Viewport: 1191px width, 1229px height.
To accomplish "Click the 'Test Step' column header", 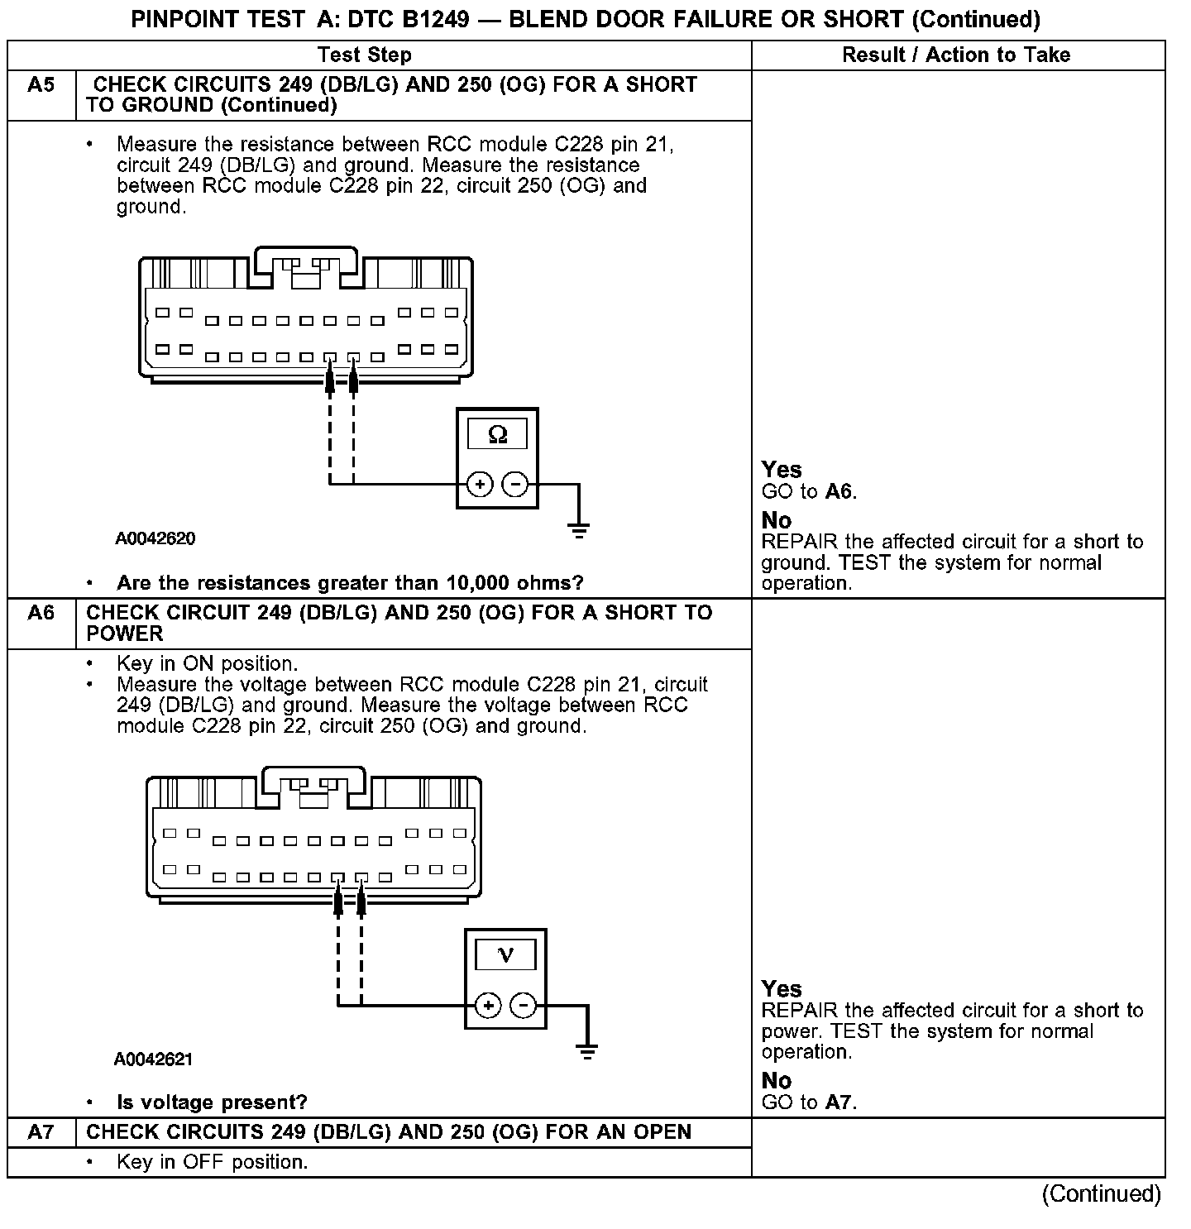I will (364, 55).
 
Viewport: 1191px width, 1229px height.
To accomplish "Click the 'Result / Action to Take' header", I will (956, 55).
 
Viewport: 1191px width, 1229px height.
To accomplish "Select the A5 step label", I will (41, 85).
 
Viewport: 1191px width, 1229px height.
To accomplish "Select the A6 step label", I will (41, 613).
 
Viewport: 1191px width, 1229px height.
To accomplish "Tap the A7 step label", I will (41, 1132).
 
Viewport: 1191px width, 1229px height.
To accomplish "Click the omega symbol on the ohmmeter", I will (497, 434).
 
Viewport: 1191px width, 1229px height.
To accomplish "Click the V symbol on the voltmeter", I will (505, 956).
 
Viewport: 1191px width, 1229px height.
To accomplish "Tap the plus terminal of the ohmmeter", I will (480, 484).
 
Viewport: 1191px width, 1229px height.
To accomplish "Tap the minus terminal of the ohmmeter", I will (515, 484).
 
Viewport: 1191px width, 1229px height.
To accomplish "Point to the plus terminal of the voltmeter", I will (488, 1006).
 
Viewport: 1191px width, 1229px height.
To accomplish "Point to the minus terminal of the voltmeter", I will (523, 1006).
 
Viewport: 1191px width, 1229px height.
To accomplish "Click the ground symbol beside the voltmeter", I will (586, 1051).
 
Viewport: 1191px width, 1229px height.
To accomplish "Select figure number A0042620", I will (155, 539).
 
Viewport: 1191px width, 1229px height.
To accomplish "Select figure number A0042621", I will (154, 1059).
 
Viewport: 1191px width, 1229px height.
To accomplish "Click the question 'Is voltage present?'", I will (212, 1102).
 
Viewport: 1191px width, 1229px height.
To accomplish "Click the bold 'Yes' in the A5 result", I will (782, 470).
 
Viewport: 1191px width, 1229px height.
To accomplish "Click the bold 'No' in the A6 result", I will (776, 1081).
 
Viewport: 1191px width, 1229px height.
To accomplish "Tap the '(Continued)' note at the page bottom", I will (1102, 1194).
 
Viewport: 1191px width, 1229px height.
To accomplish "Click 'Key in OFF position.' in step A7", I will (212, 1162).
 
